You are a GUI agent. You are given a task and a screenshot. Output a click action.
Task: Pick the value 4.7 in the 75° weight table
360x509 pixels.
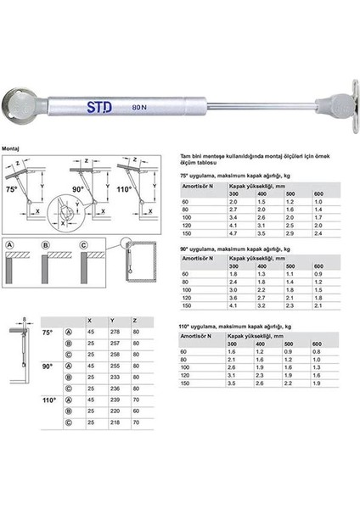click(235, 231)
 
